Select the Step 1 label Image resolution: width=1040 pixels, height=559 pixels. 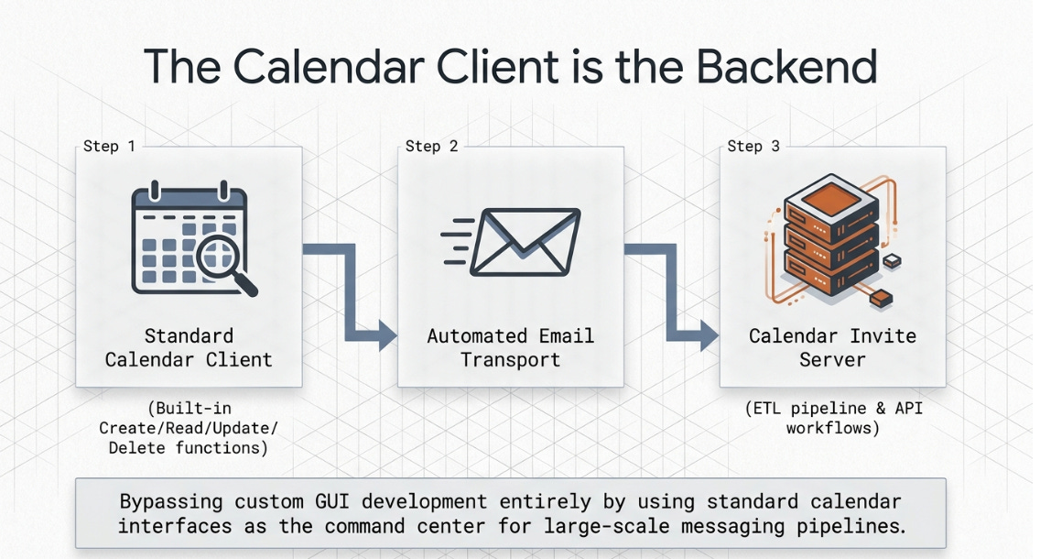109,146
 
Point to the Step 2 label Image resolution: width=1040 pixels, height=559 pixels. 431,146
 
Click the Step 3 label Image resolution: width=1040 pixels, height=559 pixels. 753,146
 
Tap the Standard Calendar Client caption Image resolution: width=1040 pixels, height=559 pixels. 189,347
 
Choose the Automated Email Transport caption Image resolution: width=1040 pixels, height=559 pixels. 511,347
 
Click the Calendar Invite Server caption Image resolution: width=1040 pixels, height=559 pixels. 832,347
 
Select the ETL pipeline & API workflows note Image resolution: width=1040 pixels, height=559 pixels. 832,418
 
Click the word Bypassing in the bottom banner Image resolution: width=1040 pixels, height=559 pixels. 174,503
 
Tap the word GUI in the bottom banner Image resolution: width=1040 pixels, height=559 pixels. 370,503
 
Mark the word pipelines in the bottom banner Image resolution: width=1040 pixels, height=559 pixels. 860,528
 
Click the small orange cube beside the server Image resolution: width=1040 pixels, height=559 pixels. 881,298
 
